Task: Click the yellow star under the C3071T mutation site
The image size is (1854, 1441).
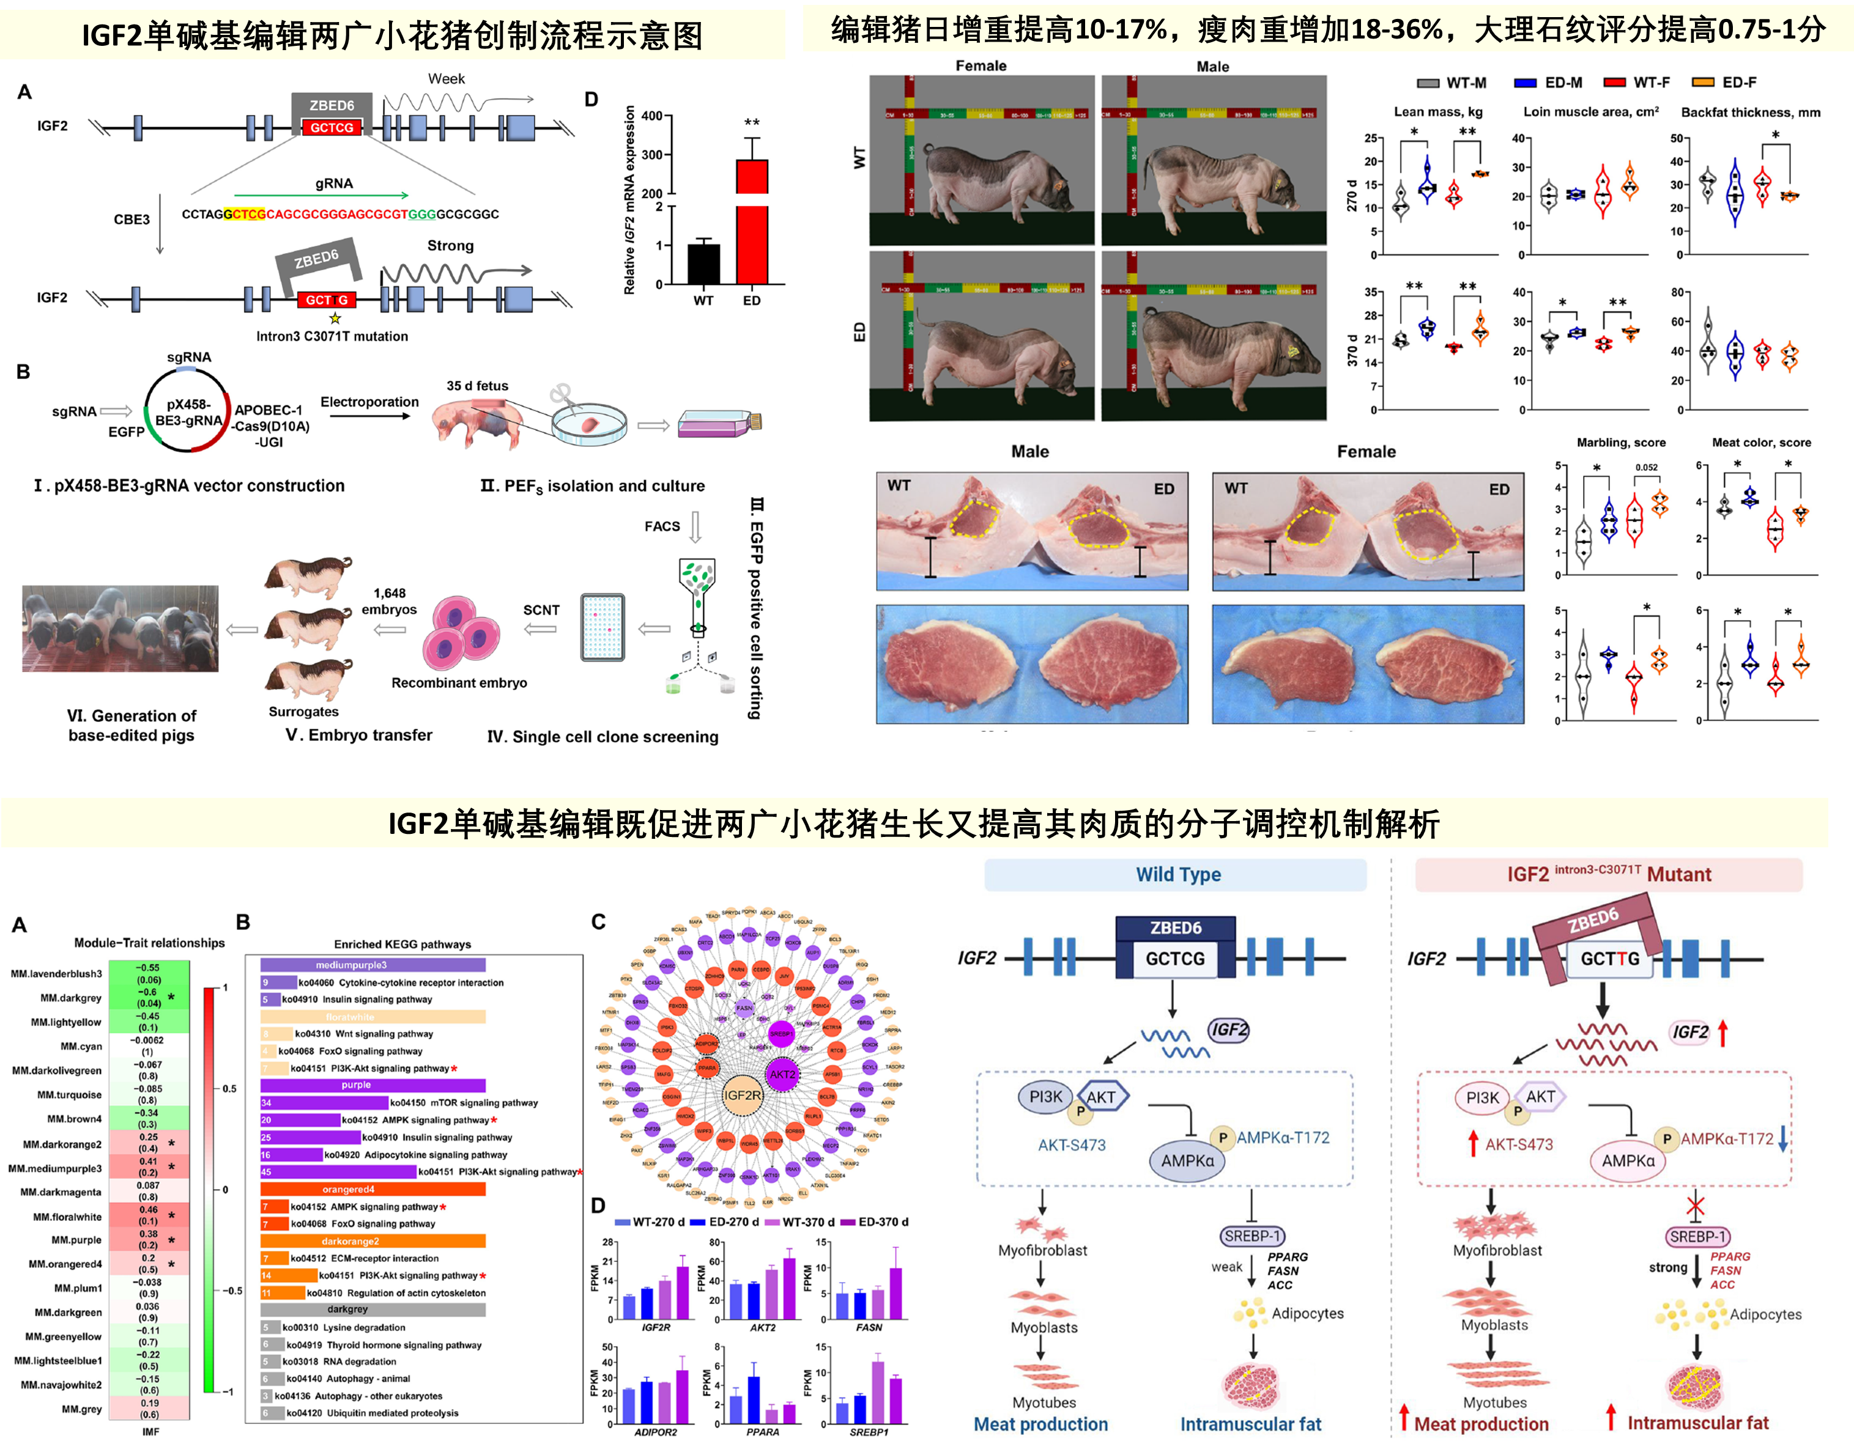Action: point(335,319)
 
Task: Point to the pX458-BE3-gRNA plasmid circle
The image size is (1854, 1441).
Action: point(188,411)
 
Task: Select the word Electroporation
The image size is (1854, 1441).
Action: point(369,402)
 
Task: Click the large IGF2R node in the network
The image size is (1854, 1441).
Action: point(742,1096)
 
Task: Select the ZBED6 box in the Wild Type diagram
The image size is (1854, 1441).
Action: point(1175,929)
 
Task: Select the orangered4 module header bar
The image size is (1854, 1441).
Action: point(373,1189)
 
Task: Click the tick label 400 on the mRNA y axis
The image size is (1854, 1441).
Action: point(651,116)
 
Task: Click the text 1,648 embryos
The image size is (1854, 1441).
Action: point(389,601)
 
